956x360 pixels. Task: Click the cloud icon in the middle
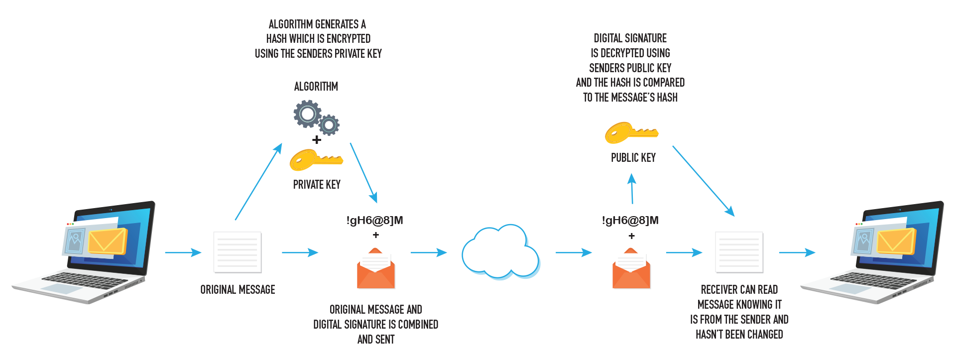tap(500, 252)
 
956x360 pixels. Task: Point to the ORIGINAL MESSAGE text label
tap(238, 290)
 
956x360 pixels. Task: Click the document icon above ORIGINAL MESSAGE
tap(238, 252)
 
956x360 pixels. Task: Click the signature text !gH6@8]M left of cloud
tap(374, 220)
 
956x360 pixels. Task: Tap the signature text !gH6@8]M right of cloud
tap(630, 220)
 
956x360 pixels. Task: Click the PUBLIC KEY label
tap(633, 158)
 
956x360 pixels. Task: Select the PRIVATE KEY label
tap(317, 185)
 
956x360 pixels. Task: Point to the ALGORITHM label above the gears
tap(316, 87)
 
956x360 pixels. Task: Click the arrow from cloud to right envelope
tap(573, 252)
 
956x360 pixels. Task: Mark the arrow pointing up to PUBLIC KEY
tap(632, 189)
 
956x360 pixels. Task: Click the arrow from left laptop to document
tap(183, 252)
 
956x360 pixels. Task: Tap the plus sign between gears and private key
tap(317, 140)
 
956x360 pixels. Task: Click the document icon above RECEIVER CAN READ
tap(739, 252)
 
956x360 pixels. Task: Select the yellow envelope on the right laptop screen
tap(896, 241)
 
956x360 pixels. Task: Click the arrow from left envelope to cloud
tap(428, 252)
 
